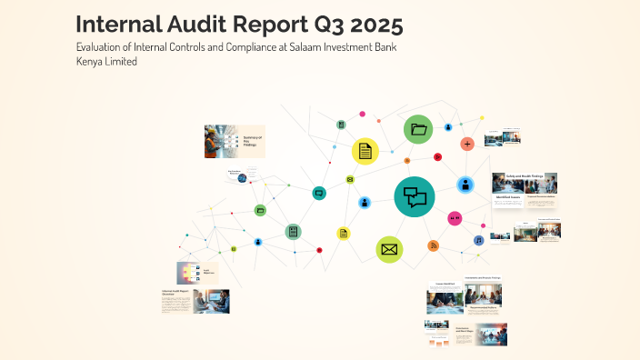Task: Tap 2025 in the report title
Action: point(364,23)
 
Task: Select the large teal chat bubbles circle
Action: point(415,196)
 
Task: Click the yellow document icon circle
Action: point(365,151)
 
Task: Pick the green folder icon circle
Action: point(418,129)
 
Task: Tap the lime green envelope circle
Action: point(389,248)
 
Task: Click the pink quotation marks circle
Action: point(455,218)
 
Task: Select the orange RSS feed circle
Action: point(433,245)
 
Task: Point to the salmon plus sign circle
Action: point(467,144)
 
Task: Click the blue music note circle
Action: point(478,240)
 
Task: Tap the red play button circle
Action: point(437,156)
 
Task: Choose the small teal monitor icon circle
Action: point(319,193)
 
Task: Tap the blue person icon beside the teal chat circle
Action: point(365,203)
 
